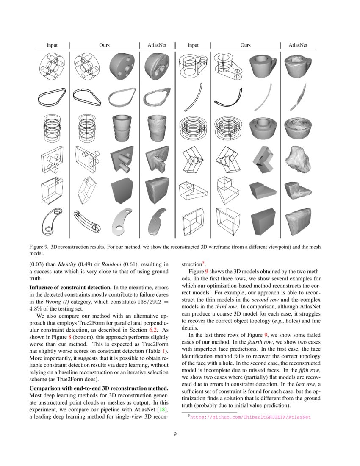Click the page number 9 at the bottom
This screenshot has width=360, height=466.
180,433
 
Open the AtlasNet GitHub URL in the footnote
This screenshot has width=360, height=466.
250,417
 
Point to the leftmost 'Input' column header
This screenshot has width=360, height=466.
52,45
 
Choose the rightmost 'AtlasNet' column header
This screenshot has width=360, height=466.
298,45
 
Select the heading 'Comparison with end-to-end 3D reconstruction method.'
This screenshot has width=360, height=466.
98,388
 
